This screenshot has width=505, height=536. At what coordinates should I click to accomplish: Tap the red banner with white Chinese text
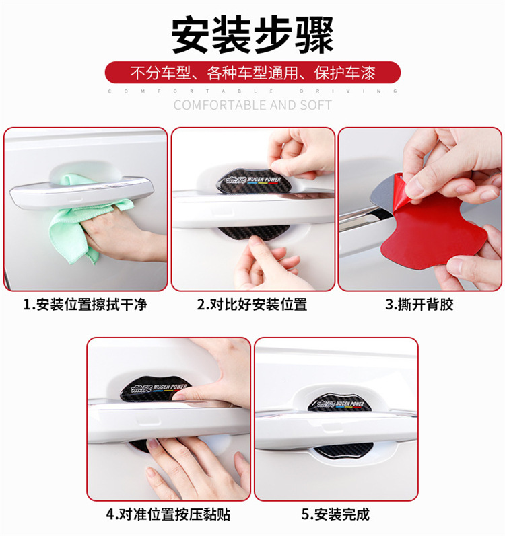(252, 72)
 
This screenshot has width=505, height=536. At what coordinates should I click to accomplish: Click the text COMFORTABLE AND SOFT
(252, 105)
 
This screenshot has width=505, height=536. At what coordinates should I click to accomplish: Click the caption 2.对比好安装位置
(252, 305)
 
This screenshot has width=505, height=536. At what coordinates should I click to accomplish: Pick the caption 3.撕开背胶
(419, 305)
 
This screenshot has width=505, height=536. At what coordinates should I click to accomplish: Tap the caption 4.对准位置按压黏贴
(168, 514)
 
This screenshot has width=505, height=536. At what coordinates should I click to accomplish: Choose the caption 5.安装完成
(335, 514)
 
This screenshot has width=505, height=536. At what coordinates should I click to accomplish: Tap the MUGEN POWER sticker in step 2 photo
(236, 180)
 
